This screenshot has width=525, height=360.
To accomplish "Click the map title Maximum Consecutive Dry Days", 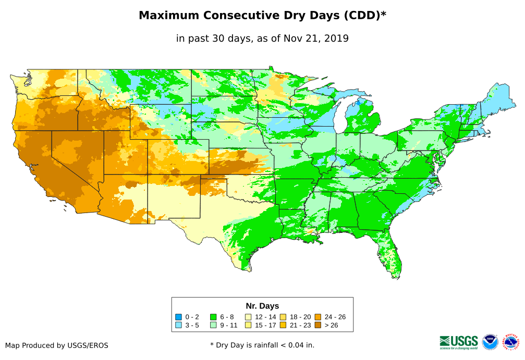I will (262, 16).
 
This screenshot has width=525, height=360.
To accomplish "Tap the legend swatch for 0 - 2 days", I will (179, 317).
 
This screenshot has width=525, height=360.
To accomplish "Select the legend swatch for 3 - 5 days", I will (179, 325).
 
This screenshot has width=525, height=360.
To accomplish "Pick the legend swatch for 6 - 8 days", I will (213, 317).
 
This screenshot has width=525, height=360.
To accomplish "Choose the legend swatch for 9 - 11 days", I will (213, 325).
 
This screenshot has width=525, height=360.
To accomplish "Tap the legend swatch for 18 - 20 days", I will (283, 317).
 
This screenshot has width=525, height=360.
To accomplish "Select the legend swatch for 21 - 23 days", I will (283, 325).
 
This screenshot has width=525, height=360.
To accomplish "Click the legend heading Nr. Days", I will (262, 306).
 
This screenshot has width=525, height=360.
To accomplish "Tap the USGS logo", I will (459, 342).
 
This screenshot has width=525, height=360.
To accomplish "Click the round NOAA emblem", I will (490, 342).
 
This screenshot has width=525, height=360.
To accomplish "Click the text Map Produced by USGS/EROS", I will (57, 345).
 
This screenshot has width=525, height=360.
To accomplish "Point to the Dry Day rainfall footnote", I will (262, 345).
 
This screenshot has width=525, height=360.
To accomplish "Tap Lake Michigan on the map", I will (339, 117).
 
